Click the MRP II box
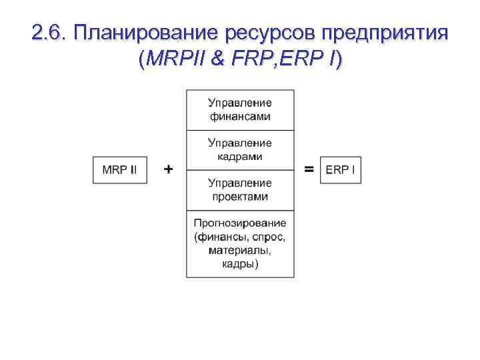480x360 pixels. (120, 170)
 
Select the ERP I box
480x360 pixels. (340, 170)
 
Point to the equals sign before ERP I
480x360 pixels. (309, 170)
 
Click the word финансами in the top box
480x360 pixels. (240, 117)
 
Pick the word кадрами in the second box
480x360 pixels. (240, 157)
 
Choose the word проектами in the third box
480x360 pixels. (240, 197)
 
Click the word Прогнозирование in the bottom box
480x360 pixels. (240, 223)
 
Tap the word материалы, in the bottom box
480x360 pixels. (240, 251)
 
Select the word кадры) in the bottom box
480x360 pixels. (240, 264)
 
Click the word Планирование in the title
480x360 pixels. (148, 33)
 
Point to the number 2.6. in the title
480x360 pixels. (49, 33)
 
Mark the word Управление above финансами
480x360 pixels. (240, 103)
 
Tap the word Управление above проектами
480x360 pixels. (240, 183)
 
